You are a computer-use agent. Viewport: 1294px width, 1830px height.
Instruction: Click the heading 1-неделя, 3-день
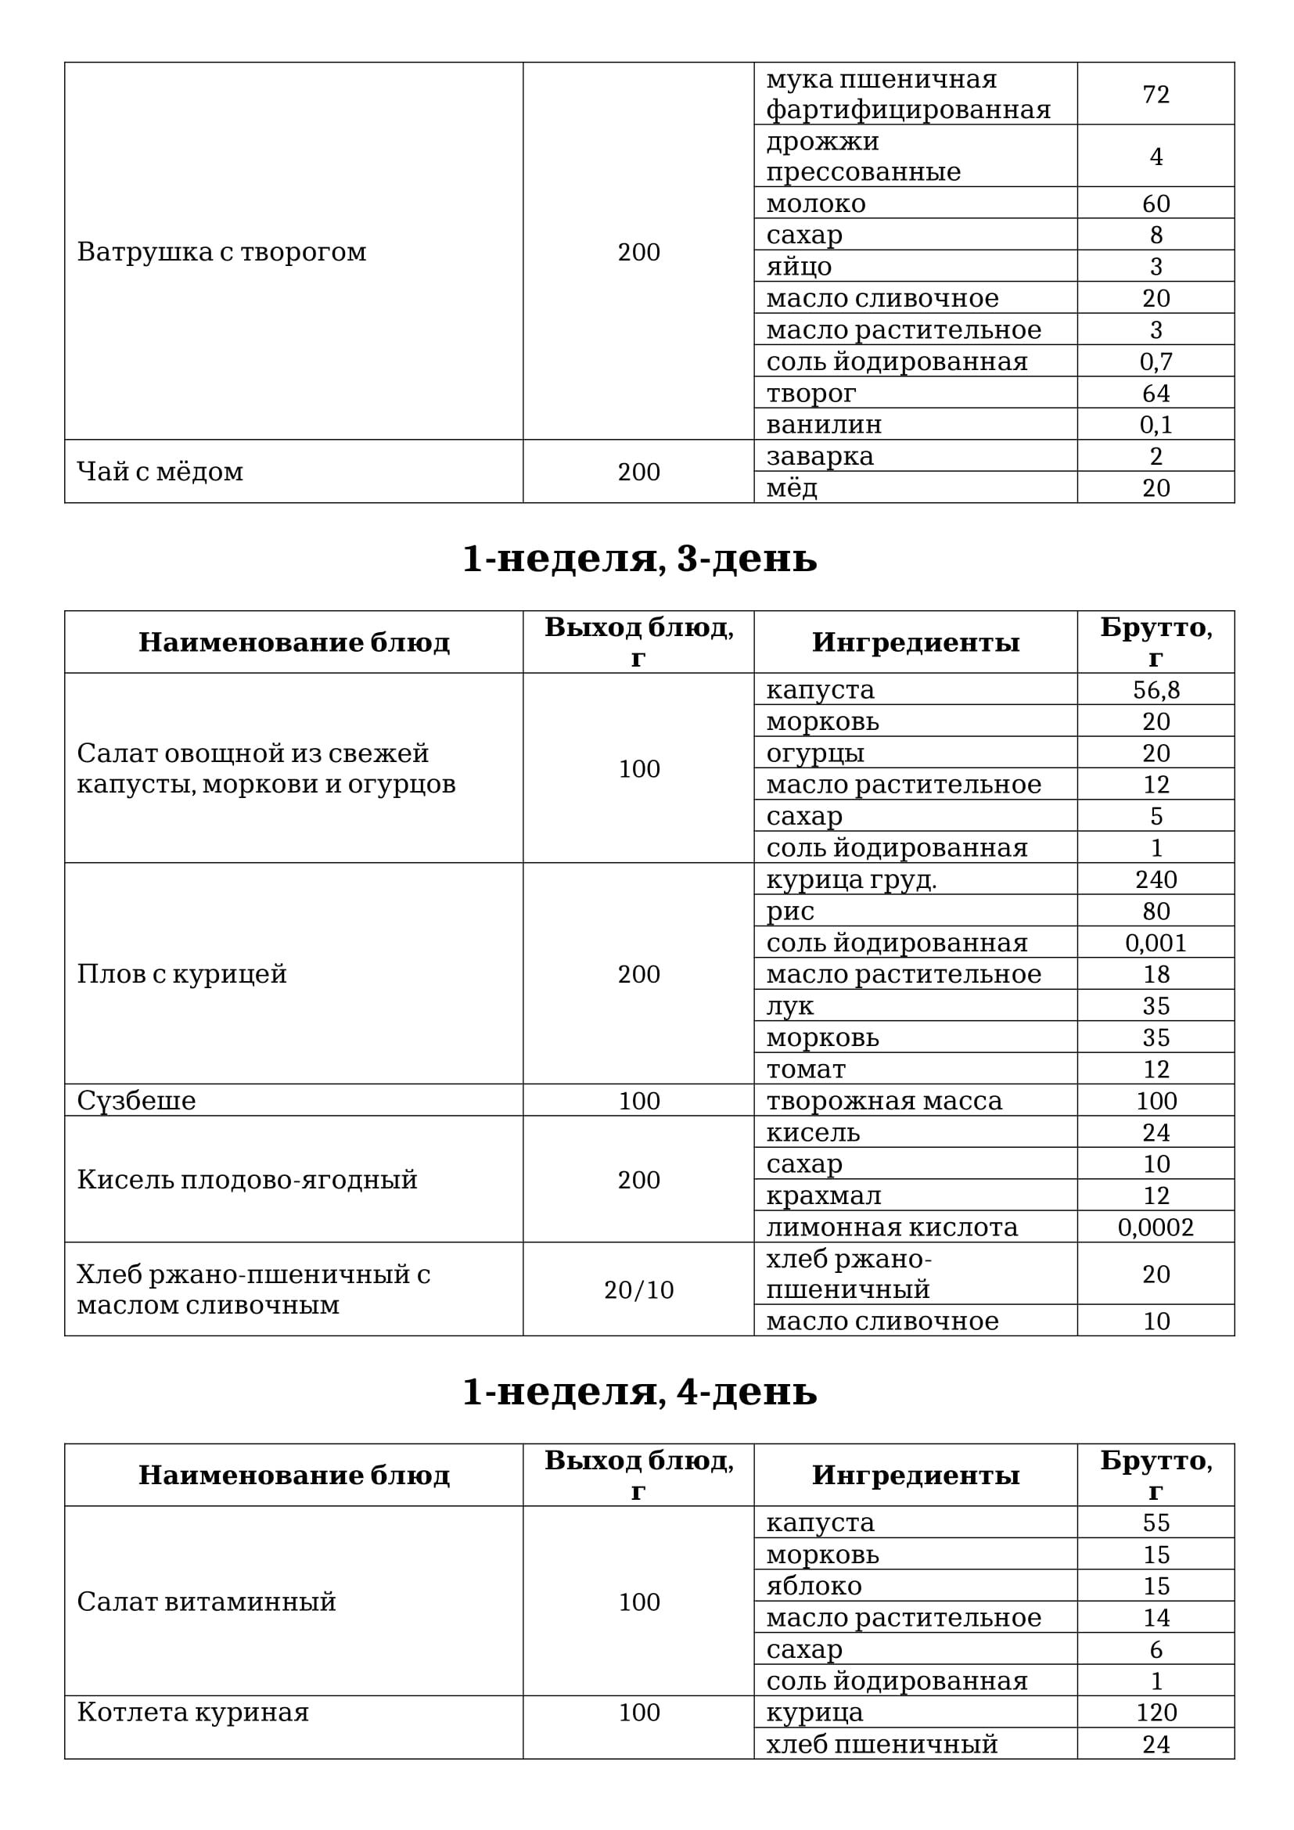coord(639,559)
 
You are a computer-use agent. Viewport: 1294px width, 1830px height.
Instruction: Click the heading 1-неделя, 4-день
coord(639,1392)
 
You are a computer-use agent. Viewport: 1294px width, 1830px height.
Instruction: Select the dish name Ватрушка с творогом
coord(221,252)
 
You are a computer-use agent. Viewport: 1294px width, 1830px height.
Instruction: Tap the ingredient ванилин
coord(824,424)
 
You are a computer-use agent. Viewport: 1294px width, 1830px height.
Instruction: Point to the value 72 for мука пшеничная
coord(1156,94)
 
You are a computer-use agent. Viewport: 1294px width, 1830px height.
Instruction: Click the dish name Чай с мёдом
coord(160,472)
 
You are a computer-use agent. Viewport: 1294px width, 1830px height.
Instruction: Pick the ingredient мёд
coord(792,487)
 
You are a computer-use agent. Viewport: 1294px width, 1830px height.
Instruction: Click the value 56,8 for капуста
coord(1156,689)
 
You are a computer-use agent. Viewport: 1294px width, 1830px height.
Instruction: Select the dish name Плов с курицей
coord(182,974)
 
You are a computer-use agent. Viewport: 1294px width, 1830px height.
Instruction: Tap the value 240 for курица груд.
coord(1156,879)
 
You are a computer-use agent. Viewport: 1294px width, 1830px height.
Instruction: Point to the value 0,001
coord(1156,943)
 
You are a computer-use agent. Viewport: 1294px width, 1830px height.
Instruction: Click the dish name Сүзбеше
coord(136,1101)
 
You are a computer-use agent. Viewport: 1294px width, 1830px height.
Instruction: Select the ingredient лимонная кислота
coord(892,1228)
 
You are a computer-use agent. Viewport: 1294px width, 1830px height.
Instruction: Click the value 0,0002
coord(1156,1228)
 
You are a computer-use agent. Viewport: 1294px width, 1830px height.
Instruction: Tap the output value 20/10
coord(638,1289)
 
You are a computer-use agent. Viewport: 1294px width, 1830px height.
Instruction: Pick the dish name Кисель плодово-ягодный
coord(247,1180)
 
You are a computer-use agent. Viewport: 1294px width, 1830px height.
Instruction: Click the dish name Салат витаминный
coord(207,1602)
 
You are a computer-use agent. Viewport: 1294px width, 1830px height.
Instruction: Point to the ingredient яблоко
coord(814,1586)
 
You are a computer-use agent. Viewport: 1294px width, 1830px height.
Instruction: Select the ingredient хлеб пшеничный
coord(881,1744)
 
